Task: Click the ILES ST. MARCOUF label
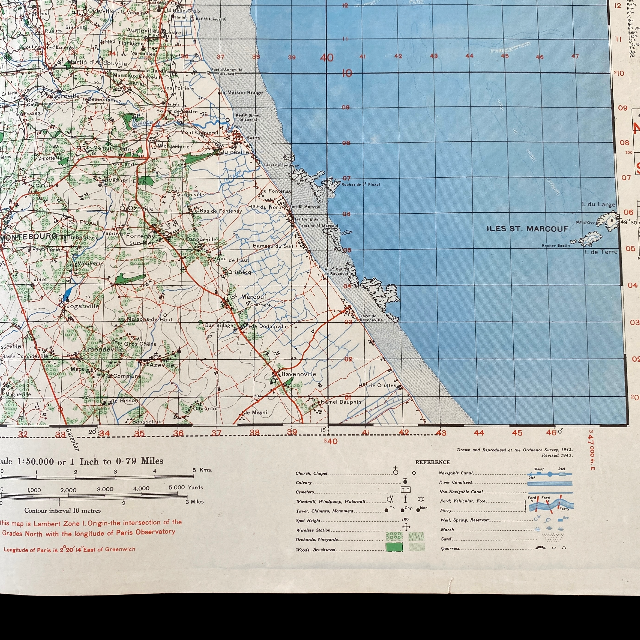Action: click(x=527, y=229)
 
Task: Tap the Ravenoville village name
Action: click(x=298, y=374)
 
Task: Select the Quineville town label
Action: click(x=234, y=152)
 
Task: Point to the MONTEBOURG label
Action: click(x=29, y=236)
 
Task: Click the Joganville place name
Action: click(x=83, y=306)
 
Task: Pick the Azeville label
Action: click(x=162, y=365)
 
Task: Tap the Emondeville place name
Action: click(x=103, y=349)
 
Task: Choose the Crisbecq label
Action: click(x=239, y=272)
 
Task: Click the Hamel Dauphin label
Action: click(x=341, y=402)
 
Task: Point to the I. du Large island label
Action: click(x=599, y=204)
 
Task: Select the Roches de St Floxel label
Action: click(x=360, y=184)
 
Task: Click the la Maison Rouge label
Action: click(x=242, y=93)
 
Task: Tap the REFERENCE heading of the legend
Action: click(x=433, y=462)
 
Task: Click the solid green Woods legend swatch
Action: click(x=394, y=547)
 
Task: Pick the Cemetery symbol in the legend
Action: click(x=406, y=489)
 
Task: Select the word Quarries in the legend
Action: click(x=450, y=548)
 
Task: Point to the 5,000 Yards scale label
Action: click(x=186, y=487)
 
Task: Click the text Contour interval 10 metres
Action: click(x=62, y=511)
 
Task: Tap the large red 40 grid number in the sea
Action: click(x=327, y=58)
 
